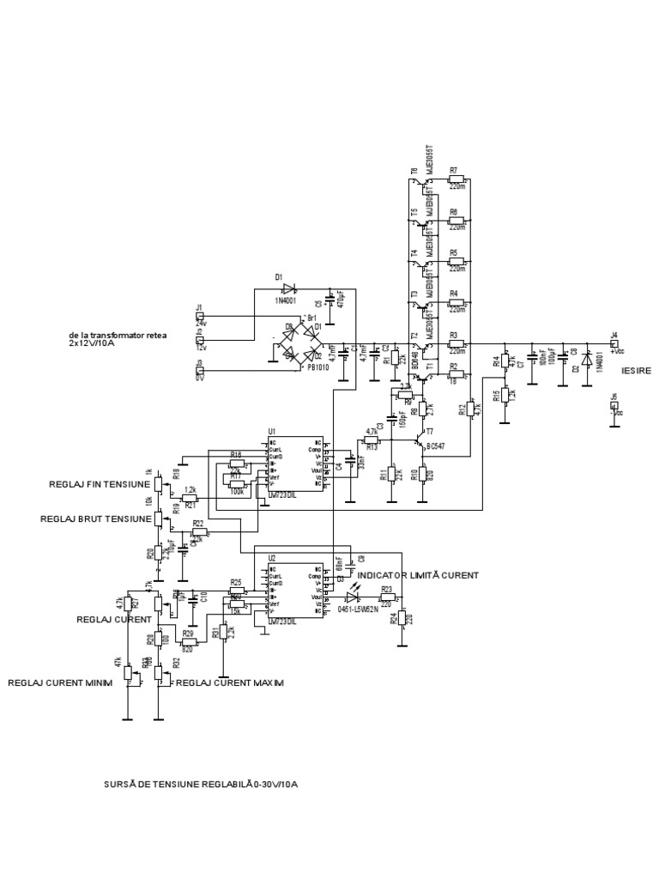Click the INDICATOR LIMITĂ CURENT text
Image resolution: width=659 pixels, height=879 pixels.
pyautogui.click(x=418, y=574)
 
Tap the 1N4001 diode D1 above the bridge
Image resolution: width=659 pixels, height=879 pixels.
pyautogui.click(x=287, y=289)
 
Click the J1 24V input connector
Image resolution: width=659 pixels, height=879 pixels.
pyautogui.click(x=199, y=315)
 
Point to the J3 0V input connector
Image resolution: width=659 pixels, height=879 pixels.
pyautogui.click(x=199, y=371)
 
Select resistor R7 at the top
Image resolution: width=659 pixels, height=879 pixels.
pyautogui.click(x=456, y=180)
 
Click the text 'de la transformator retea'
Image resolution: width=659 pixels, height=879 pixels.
pyautogui.click(x=115, y=336)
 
